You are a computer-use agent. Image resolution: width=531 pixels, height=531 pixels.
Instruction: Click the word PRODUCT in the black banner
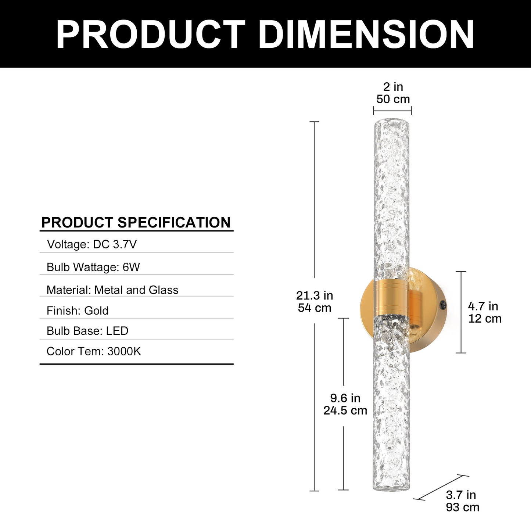tap(150, 35)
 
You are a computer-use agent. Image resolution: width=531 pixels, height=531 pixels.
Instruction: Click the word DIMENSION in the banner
tap(366, 35)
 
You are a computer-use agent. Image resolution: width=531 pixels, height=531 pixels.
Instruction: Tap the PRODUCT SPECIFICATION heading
tap(136, 222)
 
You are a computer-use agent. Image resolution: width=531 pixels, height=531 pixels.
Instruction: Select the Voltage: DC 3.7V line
tap(92, 244)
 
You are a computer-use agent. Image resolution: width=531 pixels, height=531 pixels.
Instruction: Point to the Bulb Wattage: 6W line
tap(93, 267)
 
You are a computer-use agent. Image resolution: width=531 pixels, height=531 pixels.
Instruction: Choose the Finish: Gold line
tap(78, 311)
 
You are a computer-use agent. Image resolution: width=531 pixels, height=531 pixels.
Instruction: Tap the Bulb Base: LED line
tap(87, 331)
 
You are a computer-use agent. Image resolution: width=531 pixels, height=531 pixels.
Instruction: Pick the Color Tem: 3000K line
tap(94, 351)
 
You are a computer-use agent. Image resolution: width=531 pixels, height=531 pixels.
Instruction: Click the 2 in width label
tap(393, 87)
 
